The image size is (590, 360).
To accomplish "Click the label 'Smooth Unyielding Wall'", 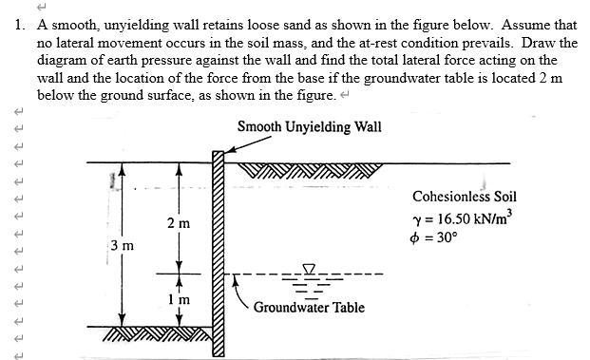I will [x=309, y=126].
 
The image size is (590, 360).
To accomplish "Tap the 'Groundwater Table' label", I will [x=309, y=307].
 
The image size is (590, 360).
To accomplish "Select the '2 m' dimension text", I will [x=178, y=223].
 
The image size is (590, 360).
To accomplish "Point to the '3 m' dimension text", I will [x=122, y=246].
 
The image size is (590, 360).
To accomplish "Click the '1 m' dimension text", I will [x=179, y=299].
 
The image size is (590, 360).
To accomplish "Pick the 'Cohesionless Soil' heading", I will [x=464, y=197].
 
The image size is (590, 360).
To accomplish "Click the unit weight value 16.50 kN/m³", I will [x=463, y=218].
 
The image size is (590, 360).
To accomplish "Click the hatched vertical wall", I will [x=218, y=256].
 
